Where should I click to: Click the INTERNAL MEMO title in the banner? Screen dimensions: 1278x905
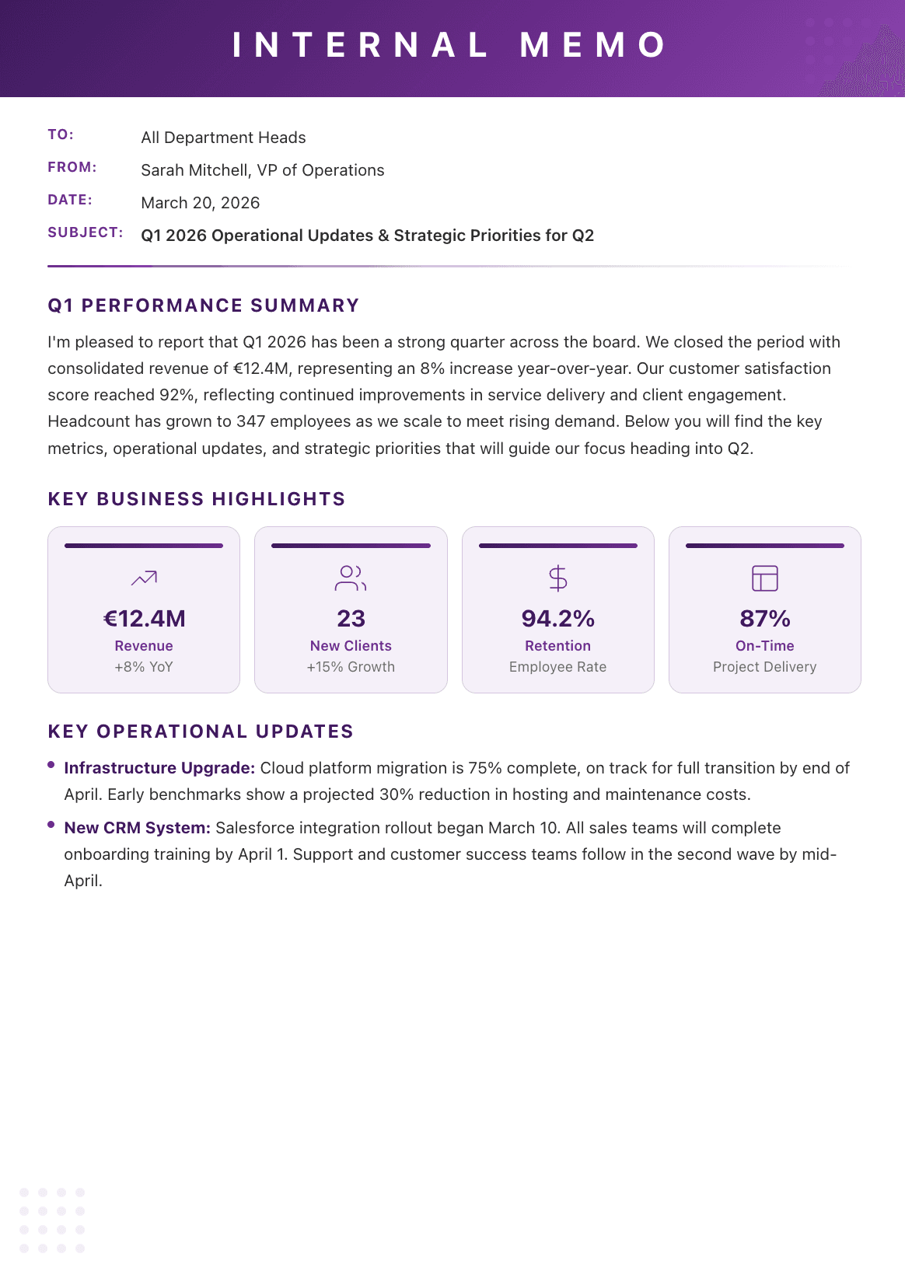coord(451,45)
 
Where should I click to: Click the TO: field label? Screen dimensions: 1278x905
coord(61,134)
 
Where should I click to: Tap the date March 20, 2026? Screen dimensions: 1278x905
coord(200,203)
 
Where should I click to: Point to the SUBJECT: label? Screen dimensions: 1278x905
coord(85,232)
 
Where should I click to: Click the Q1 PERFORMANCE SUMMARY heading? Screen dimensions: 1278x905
coord(203,306)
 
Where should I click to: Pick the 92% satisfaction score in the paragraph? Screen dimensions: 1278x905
coord(176,395)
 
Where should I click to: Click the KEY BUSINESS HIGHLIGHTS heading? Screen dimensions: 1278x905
coord(196,499)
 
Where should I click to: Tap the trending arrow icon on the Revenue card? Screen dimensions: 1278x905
coord(144,578)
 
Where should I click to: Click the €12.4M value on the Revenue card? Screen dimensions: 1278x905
coord(144,619)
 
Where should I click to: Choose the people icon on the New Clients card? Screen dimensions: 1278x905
coord(351,578)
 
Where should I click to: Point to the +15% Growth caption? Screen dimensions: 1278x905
coord(351,667)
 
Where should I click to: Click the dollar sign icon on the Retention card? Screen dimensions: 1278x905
coord(557,578)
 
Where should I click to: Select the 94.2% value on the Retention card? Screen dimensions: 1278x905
coord(557,619)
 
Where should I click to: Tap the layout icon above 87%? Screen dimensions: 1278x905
coord(764,578)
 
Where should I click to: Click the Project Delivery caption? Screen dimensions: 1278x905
coord(764,667)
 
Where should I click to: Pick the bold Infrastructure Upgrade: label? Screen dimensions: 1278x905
coord(159,768)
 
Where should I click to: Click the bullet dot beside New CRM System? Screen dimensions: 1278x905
coord(51,825)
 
